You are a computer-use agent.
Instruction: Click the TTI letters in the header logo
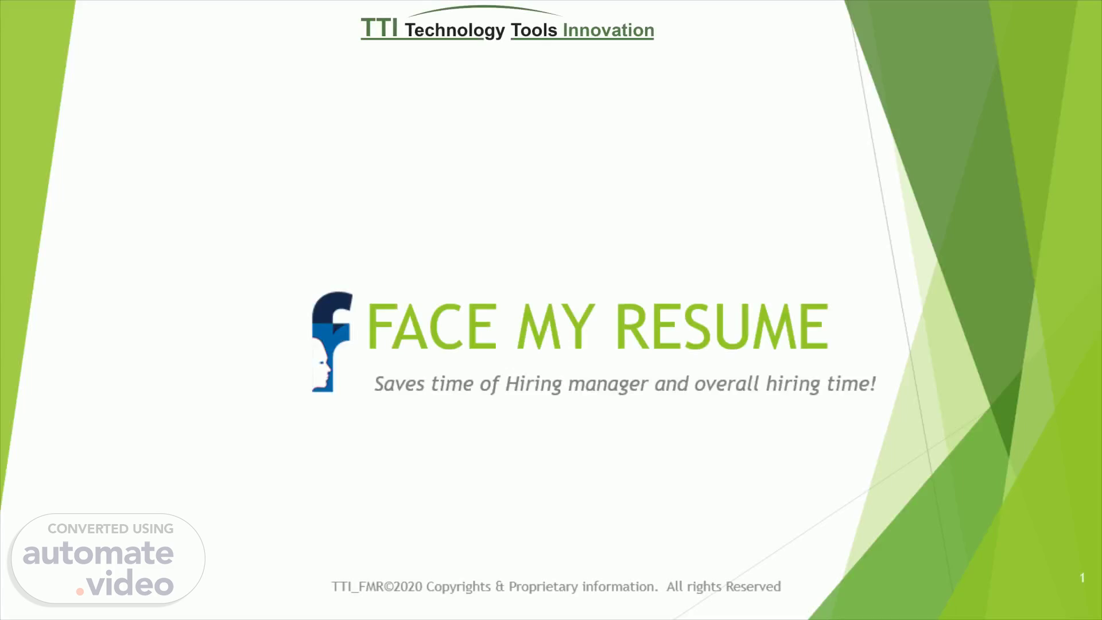(379, 28)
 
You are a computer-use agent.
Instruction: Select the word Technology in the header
(455, 30)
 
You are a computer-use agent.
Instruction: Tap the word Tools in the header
(534, 30)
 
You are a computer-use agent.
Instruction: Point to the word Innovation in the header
(608, 30)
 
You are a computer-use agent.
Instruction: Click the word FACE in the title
(432, 327)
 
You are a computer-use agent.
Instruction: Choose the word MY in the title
(555, 327)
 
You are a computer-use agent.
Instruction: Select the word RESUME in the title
(721, 327)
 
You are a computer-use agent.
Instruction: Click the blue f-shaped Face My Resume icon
(331, 342)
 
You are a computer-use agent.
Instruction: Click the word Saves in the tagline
(399, 383)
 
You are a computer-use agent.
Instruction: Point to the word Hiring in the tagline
(533, 384)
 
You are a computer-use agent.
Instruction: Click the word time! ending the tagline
(851, 383)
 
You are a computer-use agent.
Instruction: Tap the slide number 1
(1082, 578)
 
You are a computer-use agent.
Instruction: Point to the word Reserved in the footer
(753, 587)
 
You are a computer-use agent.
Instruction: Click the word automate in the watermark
(98, 553)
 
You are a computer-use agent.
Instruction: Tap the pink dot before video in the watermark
(80, 591)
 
